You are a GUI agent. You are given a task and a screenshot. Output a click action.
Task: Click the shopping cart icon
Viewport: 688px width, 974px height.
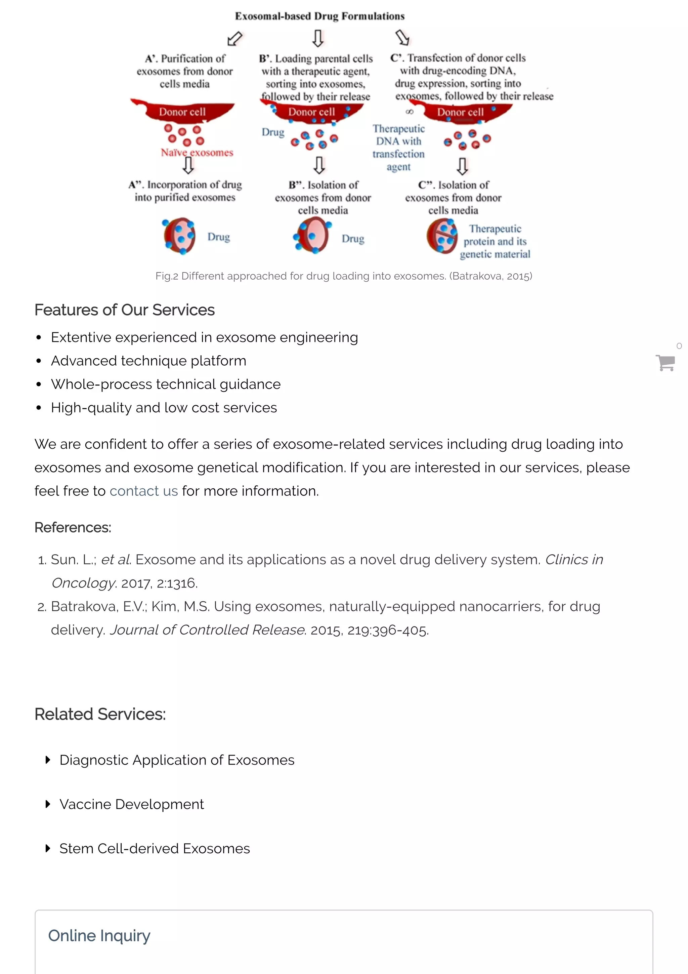pyautogui.click(x=665, y=363)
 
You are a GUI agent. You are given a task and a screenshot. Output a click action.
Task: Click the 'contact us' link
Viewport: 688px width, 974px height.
pyautogui.click(x=144, y=491)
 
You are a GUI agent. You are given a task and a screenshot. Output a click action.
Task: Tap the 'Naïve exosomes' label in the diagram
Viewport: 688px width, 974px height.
pyautogui.click(x=197, y=152)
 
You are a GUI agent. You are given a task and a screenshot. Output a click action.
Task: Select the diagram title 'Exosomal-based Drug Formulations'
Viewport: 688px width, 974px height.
pyautogui.click(x=319, y=16)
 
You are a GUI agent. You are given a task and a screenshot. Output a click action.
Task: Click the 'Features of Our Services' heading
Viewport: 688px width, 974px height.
pyautogui.click(x=124, y=310)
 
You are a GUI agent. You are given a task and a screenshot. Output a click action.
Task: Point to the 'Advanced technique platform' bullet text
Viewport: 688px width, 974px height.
pyautogui.click(x=148, y=361)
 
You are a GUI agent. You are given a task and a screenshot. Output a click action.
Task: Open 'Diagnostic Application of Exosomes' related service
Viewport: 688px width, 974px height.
pyautogui.click(x=177, y=760)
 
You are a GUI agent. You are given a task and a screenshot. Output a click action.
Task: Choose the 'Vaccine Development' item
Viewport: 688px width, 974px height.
pyautogui.click(x=131, y=804)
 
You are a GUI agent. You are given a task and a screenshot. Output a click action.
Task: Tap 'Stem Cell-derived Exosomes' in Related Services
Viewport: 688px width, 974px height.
pyautogui.click(x=154, y=848)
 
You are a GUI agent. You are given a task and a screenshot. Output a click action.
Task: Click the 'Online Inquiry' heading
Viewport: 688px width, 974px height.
pyautogui.click(x=99, y=935)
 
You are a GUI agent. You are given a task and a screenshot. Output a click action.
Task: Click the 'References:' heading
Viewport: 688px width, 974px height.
pyautogui.click(x=73, y=527)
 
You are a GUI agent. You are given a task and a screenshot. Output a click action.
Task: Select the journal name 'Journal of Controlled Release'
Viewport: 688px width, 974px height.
pyautogui.click(x=207, y=630)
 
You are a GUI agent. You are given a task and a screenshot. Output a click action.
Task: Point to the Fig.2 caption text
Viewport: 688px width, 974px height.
pyautogui.click(x=343, y=276)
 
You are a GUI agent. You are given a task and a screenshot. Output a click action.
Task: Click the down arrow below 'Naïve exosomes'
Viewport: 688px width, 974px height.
pyautogui.click(x=188, y=165)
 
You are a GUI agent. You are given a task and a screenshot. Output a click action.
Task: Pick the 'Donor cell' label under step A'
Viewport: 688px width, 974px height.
pyautogui.click(x=182, y=112)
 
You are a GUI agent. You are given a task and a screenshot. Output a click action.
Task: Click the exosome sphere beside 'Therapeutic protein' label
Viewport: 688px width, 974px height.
pyautogui.click(x=442, y=236)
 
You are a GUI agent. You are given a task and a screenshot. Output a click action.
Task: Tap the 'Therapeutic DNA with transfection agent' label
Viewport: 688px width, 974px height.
pyautogui.click(x=398, y=147)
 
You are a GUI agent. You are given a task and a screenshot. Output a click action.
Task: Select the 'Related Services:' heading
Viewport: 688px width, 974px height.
pyautogui.click(x=100, y=714)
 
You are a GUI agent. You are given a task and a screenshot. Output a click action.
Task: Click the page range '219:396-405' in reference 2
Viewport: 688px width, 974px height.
pyautogui.click(x=387, y=630)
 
